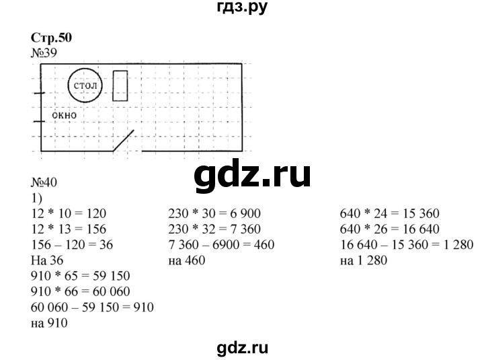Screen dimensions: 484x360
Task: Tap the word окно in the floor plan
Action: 65,115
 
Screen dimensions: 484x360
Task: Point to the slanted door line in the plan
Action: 124,141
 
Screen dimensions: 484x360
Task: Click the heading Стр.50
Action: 51,38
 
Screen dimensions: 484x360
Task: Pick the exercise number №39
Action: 44,53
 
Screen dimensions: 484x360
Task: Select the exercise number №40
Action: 44,182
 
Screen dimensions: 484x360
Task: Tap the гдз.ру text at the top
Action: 242,7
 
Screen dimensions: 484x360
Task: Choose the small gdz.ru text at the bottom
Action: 242,349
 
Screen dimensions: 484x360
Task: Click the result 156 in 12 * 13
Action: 97,229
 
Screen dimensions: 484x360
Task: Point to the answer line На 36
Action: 47,260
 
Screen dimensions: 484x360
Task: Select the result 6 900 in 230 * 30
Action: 246,213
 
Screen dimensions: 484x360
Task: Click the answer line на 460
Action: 187,260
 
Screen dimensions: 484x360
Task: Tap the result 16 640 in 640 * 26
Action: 421,229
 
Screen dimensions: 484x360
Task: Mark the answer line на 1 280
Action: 364,260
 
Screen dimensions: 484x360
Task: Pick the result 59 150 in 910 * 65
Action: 111,276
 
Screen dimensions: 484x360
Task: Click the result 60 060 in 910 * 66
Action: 111,291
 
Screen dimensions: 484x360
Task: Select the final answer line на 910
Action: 49,323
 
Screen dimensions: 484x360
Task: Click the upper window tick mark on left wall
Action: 39,93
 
